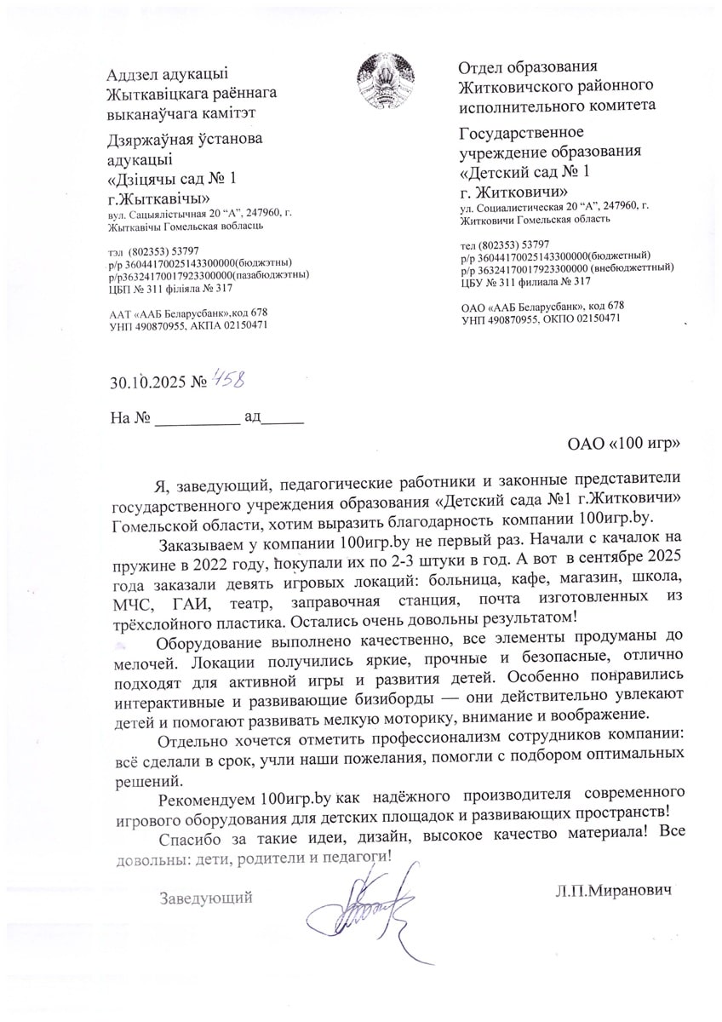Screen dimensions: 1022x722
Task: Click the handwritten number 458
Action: tap(230, 380)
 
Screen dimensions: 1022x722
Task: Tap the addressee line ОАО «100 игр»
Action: tap(625, 443)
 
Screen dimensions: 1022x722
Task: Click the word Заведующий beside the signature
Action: tap(206, 896)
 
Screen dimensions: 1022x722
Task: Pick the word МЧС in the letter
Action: tap(132, 605)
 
